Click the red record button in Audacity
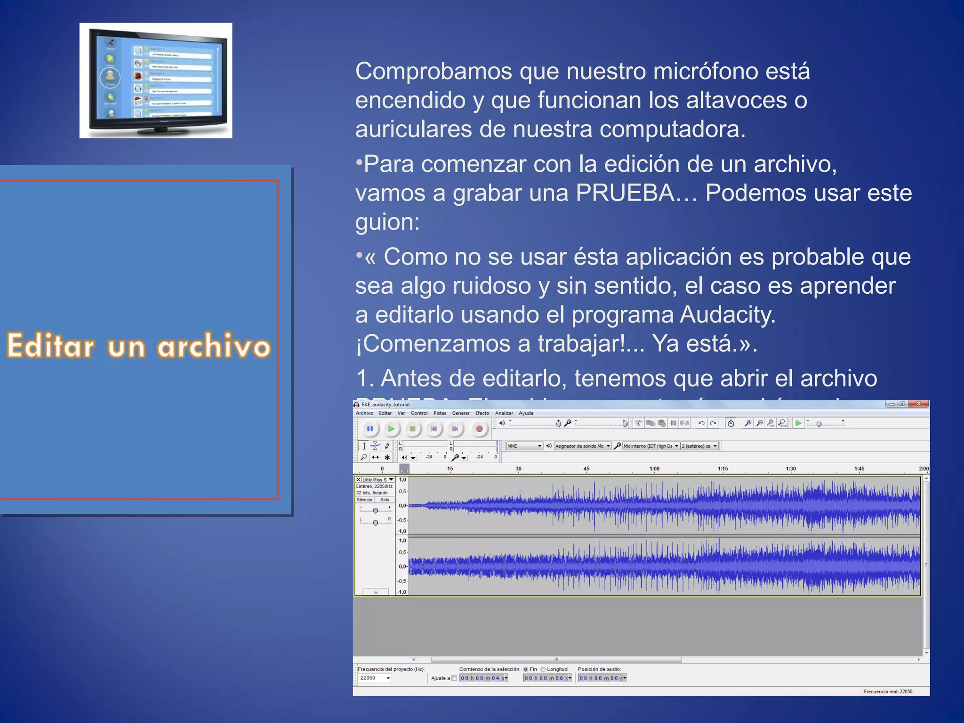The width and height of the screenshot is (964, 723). click(x=479, y=429)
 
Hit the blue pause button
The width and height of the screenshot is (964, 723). click(x=370, y=429)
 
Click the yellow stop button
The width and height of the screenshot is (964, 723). click(x=412, y=429)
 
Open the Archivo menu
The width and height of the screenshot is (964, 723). click(x=364, y=413)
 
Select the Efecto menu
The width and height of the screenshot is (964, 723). click(x=482, y=413)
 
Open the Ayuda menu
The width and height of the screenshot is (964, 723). click(x=526, y=413)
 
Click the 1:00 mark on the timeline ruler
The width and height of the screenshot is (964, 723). click(x=654, y=469)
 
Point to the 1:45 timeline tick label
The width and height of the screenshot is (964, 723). click(x=859, y=469)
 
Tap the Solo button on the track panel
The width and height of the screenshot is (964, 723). click(x=385, y=500)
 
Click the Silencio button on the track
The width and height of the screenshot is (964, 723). click(x=364, y=500)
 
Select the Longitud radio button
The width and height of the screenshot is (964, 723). click(x=543, y=669)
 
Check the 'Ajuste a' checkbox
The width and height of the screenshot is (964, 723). click(x=454, y=678)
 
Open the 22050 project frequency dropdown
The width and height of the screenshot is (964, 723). click(x=388, y=678)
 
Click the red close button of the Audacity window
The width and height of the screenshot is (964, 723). click(x=918, y=404)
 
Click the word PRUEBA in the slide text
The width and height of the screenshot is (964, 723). click(x=625, y=193)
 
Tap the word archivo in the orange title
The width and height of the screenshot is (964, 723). click(x=214, y=346)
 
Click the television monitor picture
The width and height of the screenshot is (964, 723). click(x=156, y=80)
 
